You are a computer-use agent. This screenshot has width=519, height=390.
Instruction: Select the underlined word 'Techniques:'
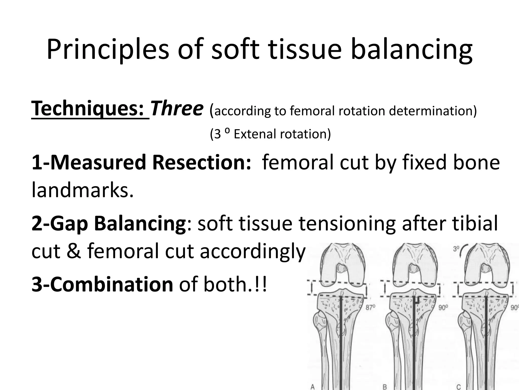(90, 109)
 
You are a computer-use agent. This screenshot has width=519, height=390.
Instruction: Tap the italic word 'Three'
(177, 109)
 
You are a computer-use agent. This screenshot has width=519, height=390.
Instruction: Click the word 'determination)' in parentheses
(433, 111)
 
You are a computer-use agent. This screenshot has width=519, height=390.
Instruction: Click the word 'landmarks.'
(82, 191)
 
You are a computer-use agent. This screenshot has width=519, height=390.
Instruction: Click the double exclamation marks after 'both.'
(263, 285)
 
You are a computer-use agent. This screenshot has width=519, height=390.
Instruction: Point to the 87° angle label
(370, 307)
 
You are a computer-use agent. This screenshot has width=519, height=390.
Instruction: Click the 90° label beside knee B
(443, 307)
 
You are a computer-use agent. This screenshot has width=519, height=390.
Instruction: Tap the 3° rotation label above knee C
(456, 249)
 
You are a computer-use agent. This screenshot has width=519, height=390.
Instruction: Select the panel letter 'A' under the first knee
(313, 387)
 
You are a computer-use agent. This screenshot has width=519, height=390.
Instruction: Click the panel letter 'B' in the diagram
(385, 387)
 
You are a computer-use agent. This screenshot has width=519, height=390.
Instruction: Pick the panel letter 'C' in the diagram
(458, 387)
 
